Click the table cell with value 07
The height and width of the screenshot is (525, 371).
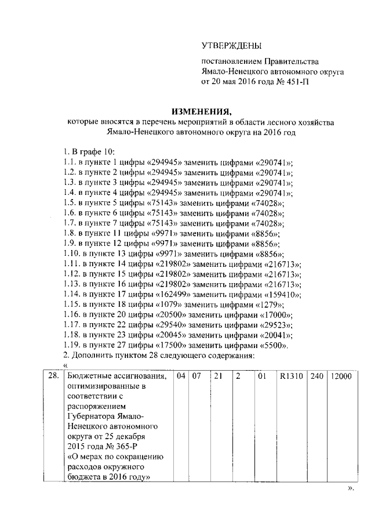[197, 376]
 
